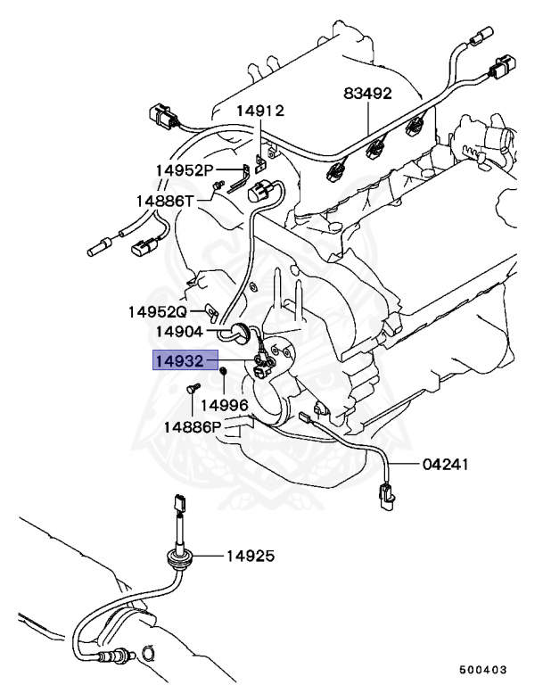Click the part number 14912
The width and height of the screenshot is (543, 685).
[x=259, y=111]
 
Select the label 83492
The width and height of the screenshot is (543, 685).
[x=368, y=94]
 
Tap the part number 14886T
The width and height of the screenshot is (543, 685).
[x=164, y=201]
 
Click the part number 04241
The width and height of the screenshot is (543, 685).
[x=447, y=465]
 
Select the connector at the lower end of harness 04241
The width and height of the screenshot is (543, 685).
[x=386, y=495]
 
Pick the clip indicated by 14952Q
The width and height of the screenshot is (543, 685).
[x=211, y=312]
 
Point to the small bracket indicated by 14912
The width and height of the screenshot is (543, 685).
[x=261, y=162]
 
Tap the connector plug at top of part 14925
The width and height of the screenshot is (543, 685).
[x=180, y=505]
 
